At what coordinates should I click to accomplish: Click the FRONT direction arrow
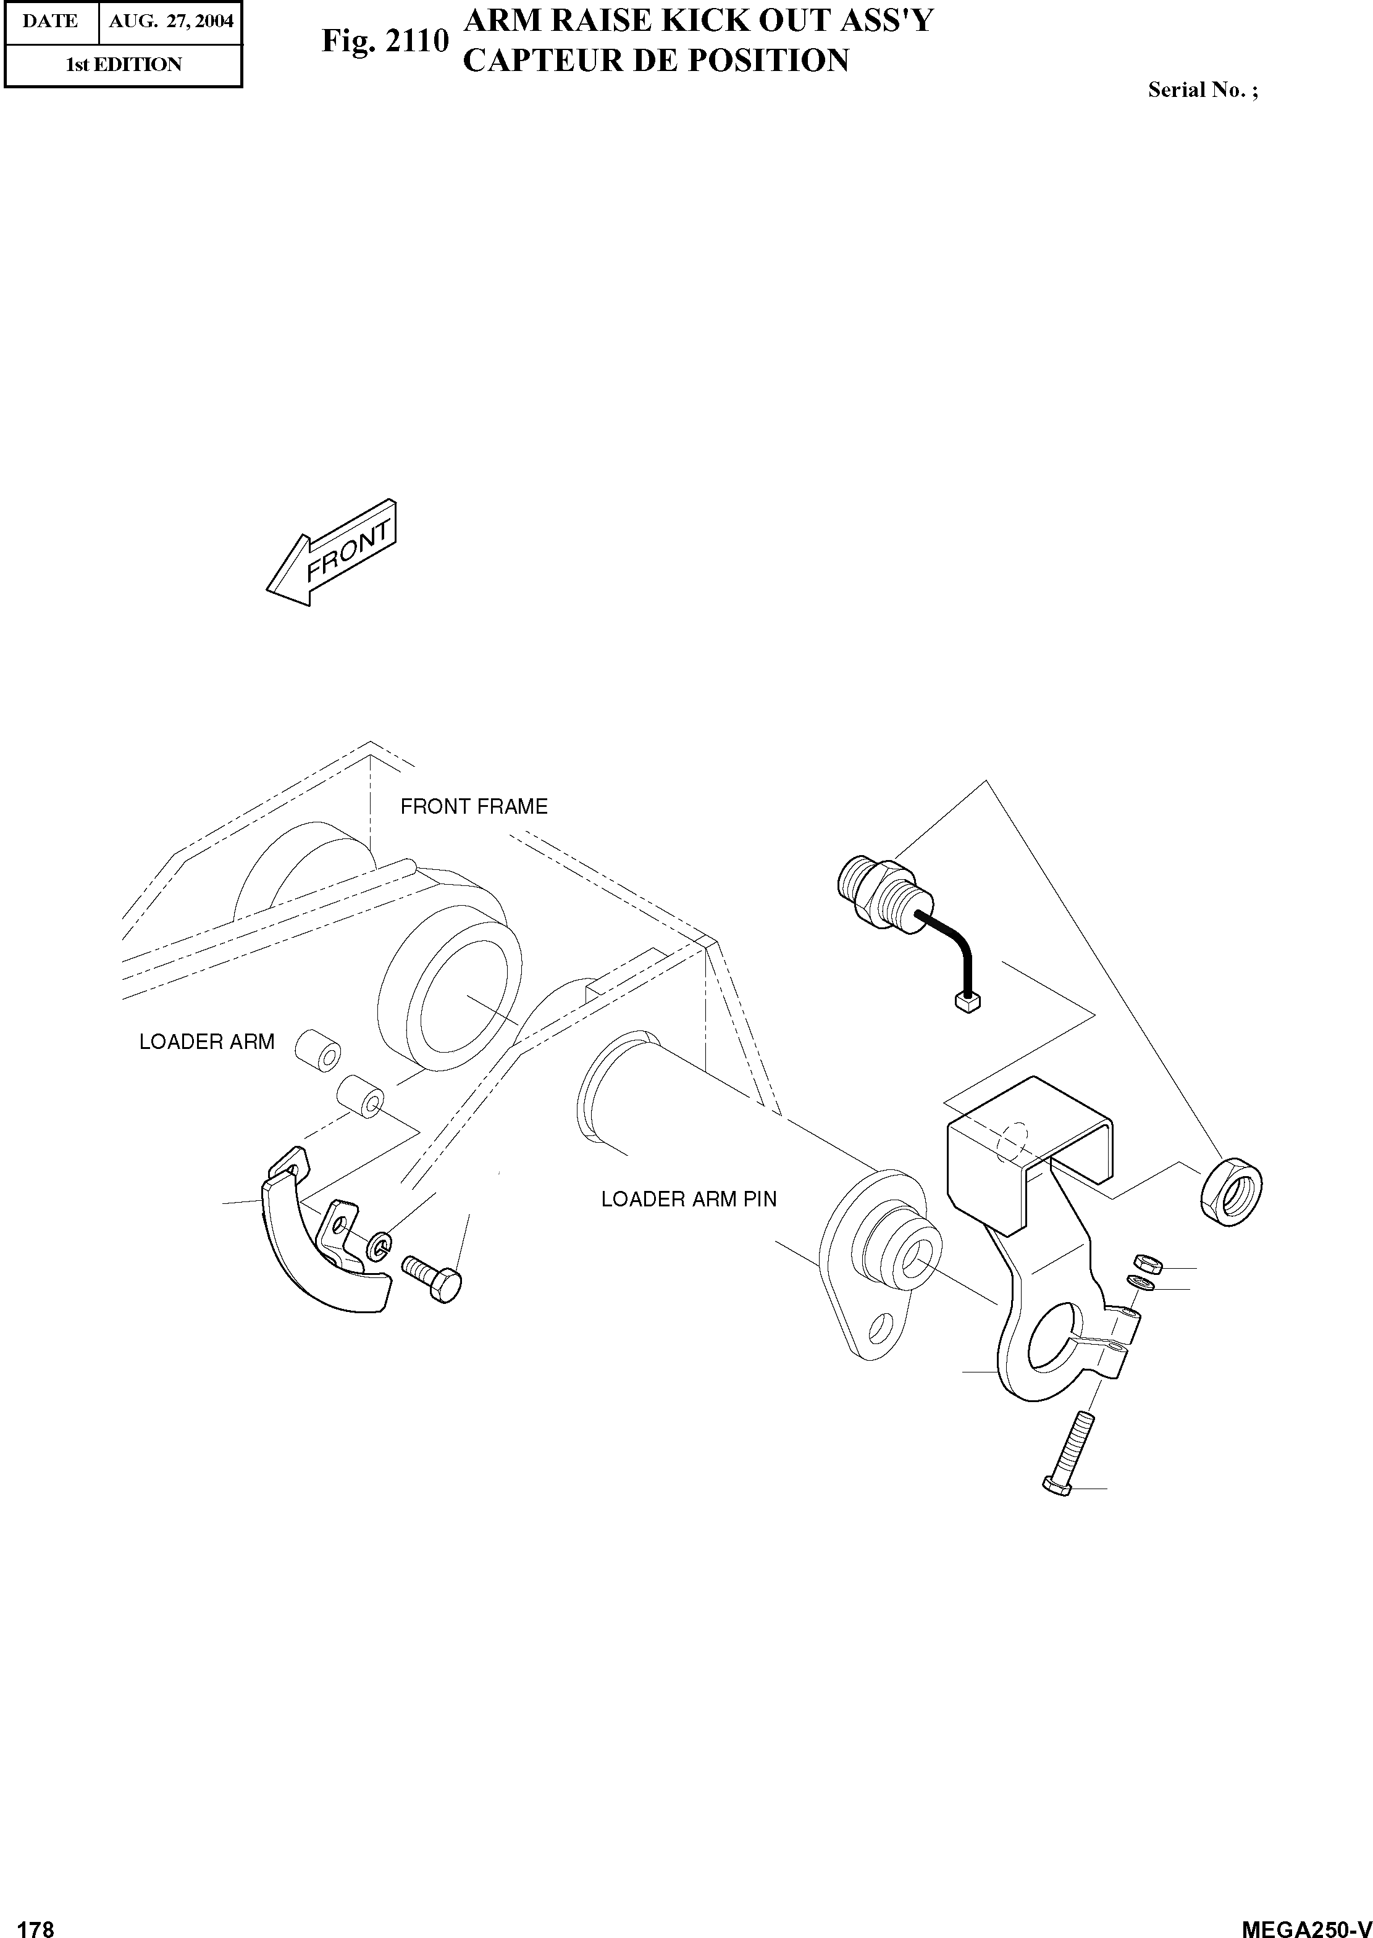[x=332, y=554]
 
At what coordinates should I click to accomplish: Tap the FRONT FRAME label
[x=474, y=807]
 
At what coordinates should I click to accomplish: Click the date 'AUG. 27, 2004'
[x=171, y=21]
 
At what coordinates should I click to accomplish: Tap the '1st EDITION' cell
[x=124, y=65]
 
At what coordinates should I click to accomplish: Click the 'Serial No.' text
[x=1201, y=90]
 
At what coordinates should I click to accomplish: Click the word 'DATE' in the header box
[x=50, y=21]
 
